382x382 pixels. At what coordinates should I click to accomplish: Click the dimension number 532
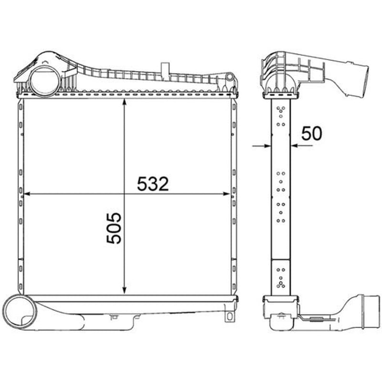coord(153,184)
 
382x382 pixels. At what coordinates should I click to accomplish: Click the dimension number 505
coord(114,228)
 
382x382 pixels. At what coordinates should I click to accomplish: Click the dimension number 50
coord(312,134)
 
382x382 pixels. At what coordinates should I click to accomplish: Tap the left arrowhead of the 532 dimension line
coord(27,194)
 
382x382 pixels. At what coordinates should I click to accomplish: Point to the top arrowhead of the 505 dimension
coord(124,102)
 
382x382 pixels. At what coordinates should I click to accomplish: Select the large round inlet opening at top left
coord(45,82)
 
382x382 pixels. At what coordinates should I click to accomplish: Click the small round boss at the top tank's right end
coord(229,77)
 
